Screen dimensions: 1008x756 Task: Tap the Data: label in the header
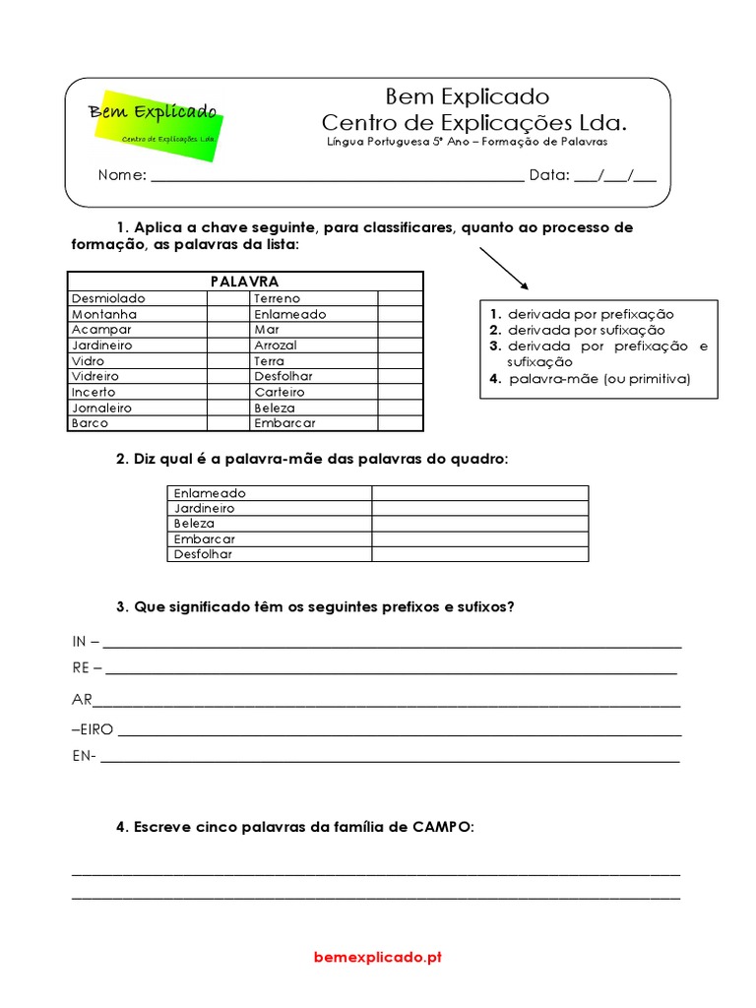pos(549,175)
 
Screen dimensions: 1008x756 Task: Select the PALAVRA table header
pos(245,282)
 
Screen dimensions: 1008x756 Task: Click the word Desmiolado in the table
pos(108,298)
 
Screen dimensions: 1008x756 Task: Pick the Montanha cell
pos(104,314)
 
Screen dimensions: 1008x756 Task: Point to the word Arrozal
pos(275,346)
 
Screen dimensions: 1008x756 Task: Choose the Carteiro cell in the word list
pos(279,392)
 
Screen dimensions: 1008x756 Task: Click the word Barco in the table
pos(91,423)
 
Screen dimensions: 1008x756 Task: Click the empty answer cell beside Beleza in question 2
pos(479,524)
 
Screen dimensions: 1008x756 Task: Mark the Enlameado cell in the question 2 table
pos(210,493)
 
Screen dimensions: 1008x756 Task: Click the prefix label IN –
pos(86,642)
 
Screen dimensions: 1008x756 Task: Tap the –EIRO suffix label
pos(93,730)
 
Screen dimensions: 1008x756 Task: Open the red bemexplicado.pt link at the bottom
pos(378,957)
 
